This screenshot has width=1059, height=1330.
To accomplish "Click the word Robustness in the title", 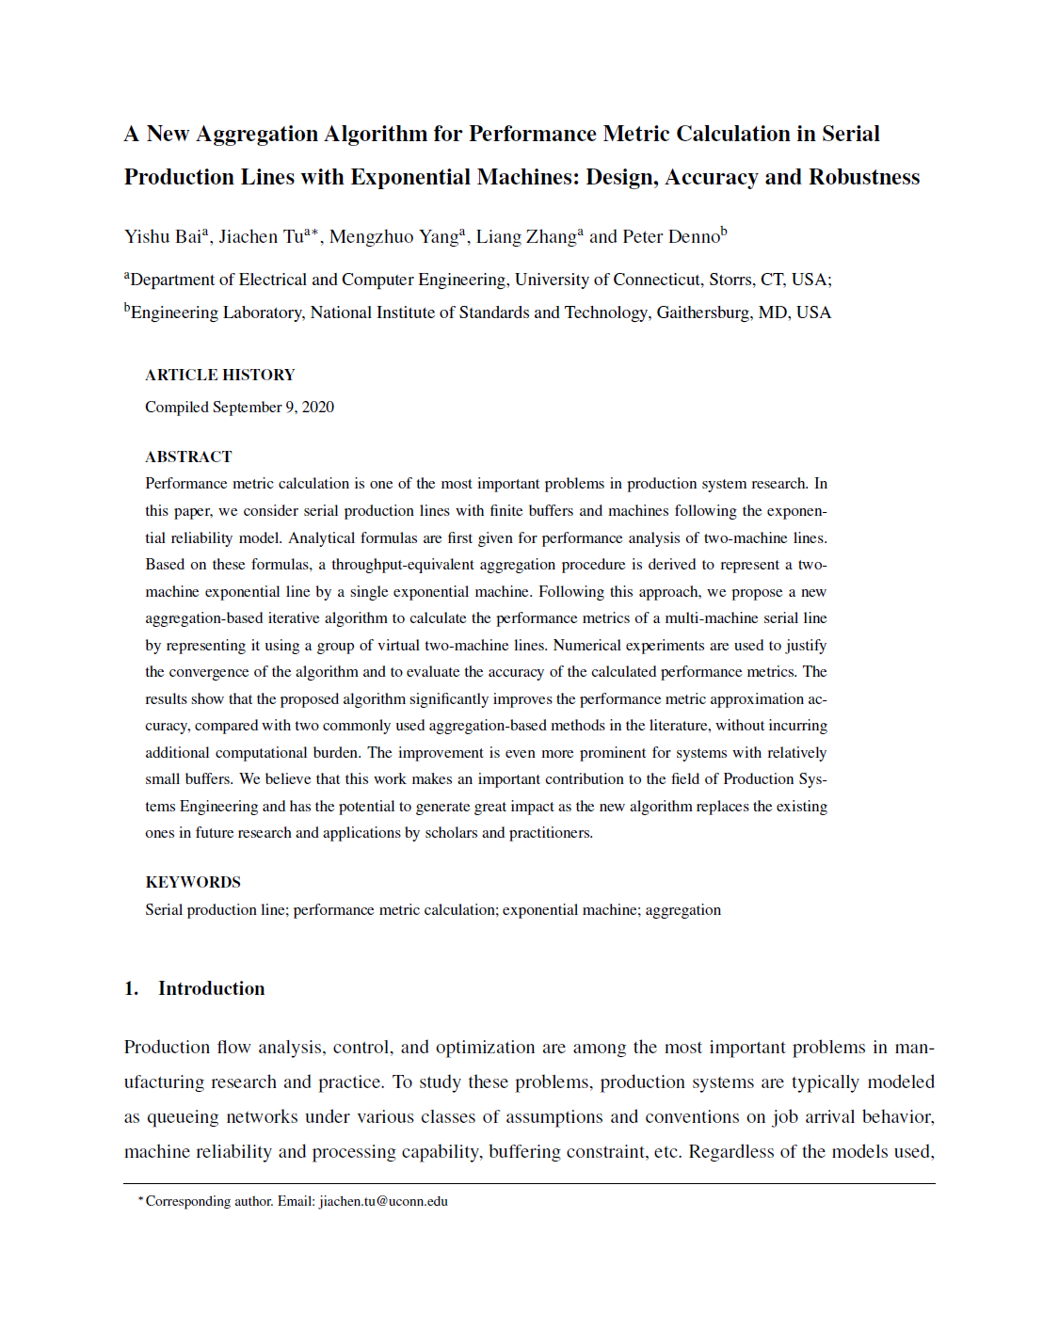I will click(864, 178).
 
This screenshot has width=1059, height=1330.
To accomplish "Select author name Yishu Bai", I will click(163, 237).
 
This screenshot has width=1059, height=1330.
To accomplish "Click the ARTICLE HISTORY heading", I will click(219, 375).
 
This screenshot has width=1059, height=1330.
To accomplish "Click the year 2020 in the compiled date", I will click(318, 408).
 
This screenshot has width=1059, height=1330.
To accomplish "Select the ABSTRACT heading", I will click(188, 457).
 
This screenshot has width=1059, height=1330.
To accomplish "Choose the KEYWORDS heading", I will click(193, 882).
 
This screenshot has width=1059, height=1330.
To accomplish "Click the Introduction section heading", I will click(211, 988).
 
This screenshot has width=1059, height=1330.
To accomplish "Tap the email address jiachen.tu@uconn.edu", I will click(383, 1202).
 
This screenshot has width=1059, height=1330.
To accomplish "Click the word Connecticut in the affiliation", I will click(656, 280).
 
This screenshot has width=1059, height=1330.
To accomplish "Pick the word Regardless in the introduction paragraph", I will click(731, 1152).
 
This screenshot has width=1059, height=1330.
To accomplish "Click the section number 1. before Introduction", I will click(132, 988).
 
